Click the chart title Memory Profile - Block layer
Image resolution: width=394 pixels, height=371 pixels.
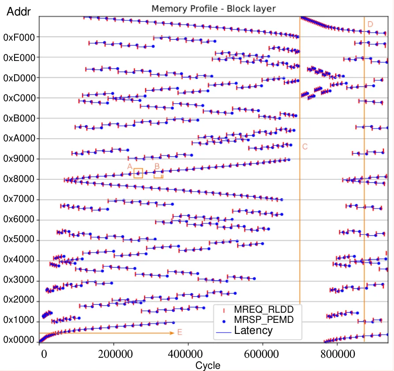[x=214, y=8]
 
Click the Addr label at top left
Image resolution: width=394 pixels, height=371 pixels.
[x=19, y=11]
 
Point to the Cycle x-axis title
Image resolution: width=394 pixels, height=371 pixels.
[x=208, y=365]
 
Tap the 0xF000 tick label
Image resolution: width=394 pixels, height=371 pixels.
[x=19, y=38]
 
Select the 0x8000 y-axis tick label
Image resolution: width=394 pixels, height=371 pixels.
[x=19, y=179]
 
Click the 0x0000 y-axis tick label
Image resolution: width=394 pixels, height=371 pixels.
[x=19, y=340]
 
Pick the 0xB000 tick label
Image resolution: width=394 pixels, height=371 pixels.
[x=19, y=118]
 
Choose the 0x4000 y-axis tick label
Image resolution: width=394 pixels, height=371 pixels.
[x=19, y=259]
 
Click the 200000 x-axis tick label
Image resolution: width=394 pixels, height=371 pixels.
[x=115, y=354]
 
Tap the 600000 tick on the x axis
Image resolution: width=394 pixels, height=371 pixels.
[x=261, y=354]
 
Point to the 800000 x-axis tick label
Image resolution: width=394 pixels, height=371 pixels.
[x=338, y=354]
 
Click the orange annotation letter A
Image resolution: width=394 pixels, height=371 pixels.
[x=130, y=167]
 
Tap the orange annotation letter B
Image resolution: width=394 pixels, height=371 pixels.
[x=157, y=167]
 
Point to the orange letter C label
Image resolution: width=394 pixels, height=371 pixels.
[x=305, y=147]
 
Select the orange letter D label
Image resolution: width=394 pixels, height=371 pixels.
[x=370, y=24]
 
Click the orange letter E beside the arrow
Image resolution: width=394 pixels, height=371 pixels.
[x=180, y=332]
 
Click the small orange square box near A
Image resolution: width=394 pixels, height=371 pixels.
[x=138, y=169]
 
